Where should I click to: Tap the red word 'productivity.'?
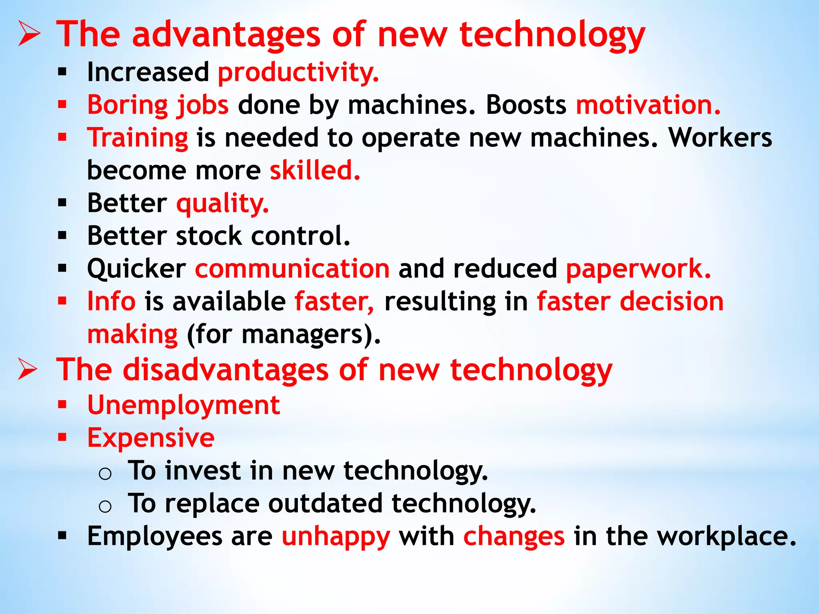pos(298,73)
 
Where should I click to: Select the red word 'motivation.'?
pos(648,105)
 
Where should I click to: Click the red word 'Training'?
pos(138,138)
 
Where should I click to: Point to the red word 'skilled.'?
pos(315,171)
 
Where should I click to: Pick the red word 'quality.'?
pos(223,203)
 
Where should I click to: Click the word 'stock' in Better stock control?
pos(209,236)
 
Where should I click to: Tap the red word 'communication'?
pos(292,269)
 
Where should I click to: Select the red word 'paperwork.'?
pos(638,269)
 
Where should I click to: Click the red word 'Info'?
pos(112,301)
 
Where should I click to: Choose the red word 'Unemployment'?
pos(184,405)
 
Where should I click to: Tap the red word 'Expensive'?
pos(151,438)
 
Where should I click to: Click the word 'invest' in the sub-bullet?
pos(203,470)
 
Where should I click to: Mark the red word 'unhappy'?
pos(336,536)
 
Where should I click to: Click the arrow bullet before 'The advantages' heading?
pos(29,35)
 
